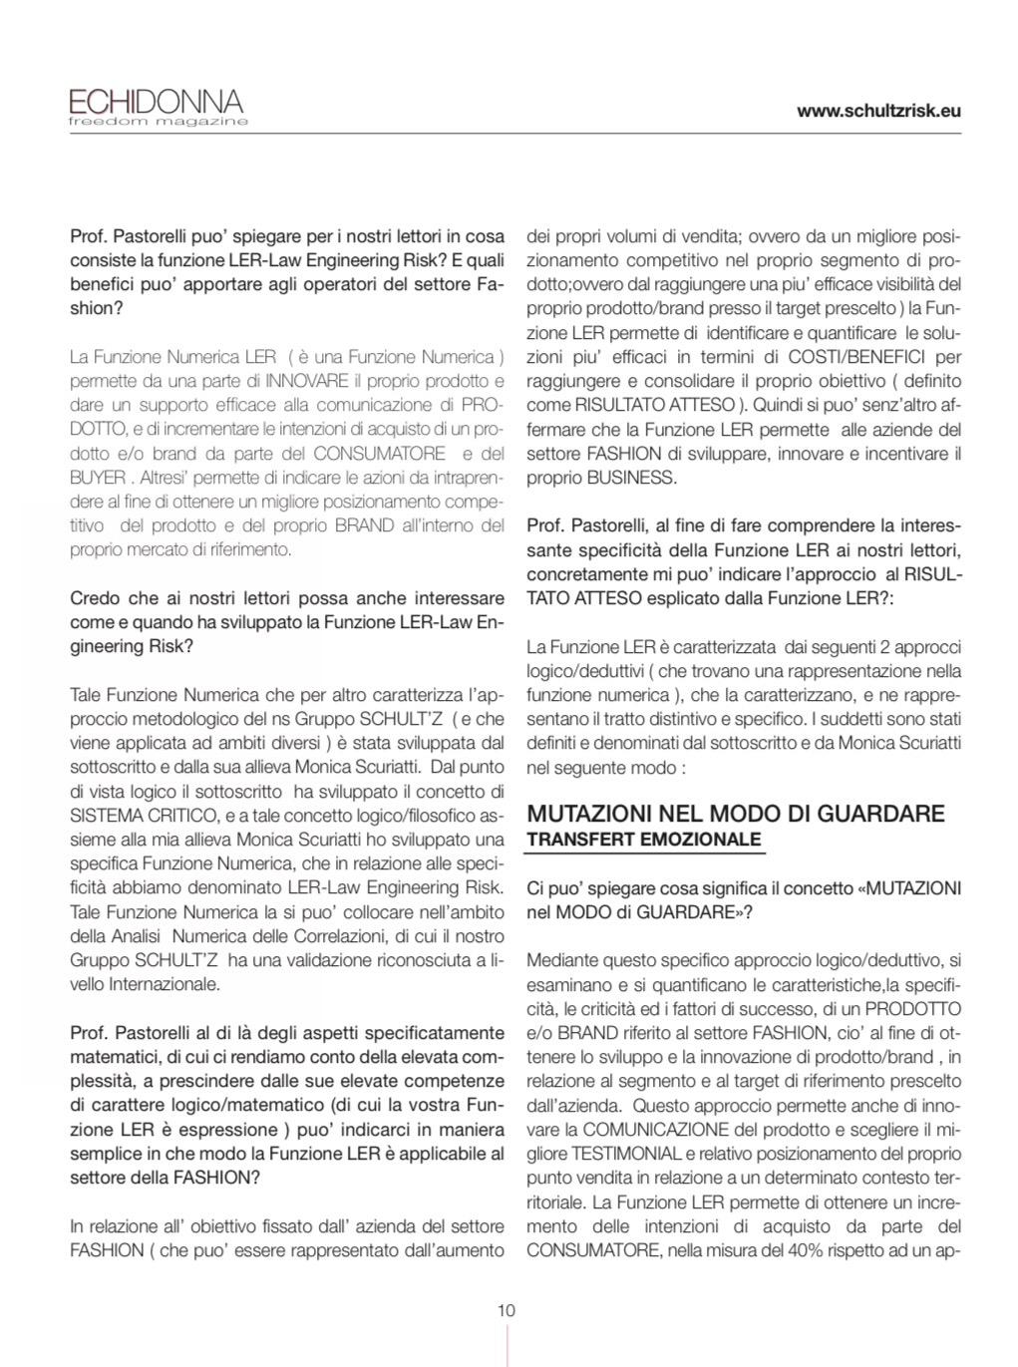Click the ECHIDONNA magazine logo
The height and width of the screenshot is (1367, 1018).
click(x=156, y=101)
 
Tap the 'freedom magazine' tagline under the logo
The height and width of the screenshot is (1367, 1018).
click(x=158, y=122)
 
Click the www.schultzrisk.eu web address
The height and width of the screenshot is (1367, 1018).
click(x=878, y=111)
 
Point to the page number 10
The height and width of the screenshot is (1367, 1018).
click(x=507, y=1310)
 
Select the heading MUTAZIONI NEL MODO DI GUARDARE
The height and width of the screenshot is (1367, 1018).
click(x=735, y=813)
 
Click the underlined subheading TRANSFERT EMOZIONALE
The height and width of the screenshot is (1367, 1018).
click(x=643, y=840)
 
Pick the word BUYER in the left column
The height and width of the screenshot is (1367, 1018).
click(x=98, y=477)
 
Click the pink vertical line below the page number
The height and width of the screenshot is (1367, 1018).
click(x=508, y=1346)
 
